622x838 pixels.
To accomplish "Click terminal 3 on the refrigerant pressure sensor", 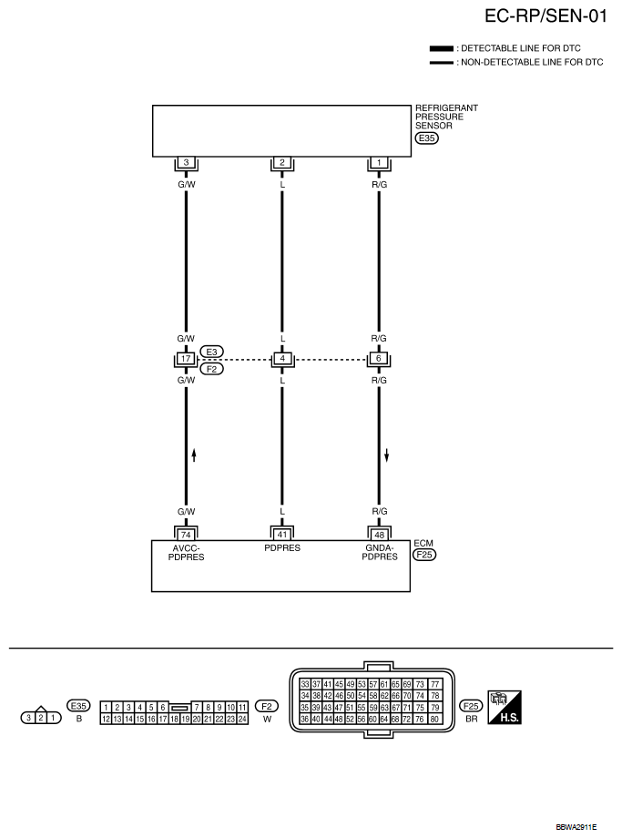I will point(186,163).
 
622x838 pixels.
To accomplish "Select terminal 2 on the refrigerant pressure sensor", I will point(282,163).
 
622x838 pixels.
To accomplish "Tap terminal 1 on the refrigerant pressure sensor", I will point(379,163).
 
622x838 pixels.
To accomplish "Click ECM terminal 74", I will point(186,533).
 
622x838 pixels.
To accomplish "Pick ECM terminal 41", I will point(282,533).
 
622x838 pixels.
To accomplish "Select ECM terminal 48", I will point(379,533).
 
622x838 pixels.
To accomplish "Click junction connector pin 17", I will point(186,358).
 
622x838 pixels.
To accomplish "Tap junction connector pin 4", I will point(282,358).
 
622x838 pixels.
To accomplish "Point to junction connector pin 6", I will point(379,358).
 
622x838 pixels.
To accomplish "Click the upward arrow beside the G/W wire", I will point(194,454).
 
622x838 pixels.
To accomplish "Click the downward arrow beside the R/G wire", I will point(387,454).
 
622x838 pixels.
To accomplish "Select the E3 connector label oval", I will point(211,352).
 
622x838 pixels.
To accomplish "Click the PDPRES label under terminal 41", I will point(282,548).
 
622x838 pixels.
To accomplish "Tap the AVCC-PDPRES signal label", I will point(186,552).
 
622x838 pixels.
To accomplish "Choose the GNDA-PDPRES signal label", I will point(379,552).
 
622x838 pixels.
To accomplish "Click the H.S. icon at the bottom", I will point(504,706).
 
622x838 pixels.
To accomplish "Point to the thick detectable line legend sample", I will point(442,47).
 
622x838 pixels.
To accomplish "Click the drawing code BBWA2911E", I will point(576,827).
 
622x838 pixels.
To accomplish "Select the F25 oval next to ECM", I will point(423,553).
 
